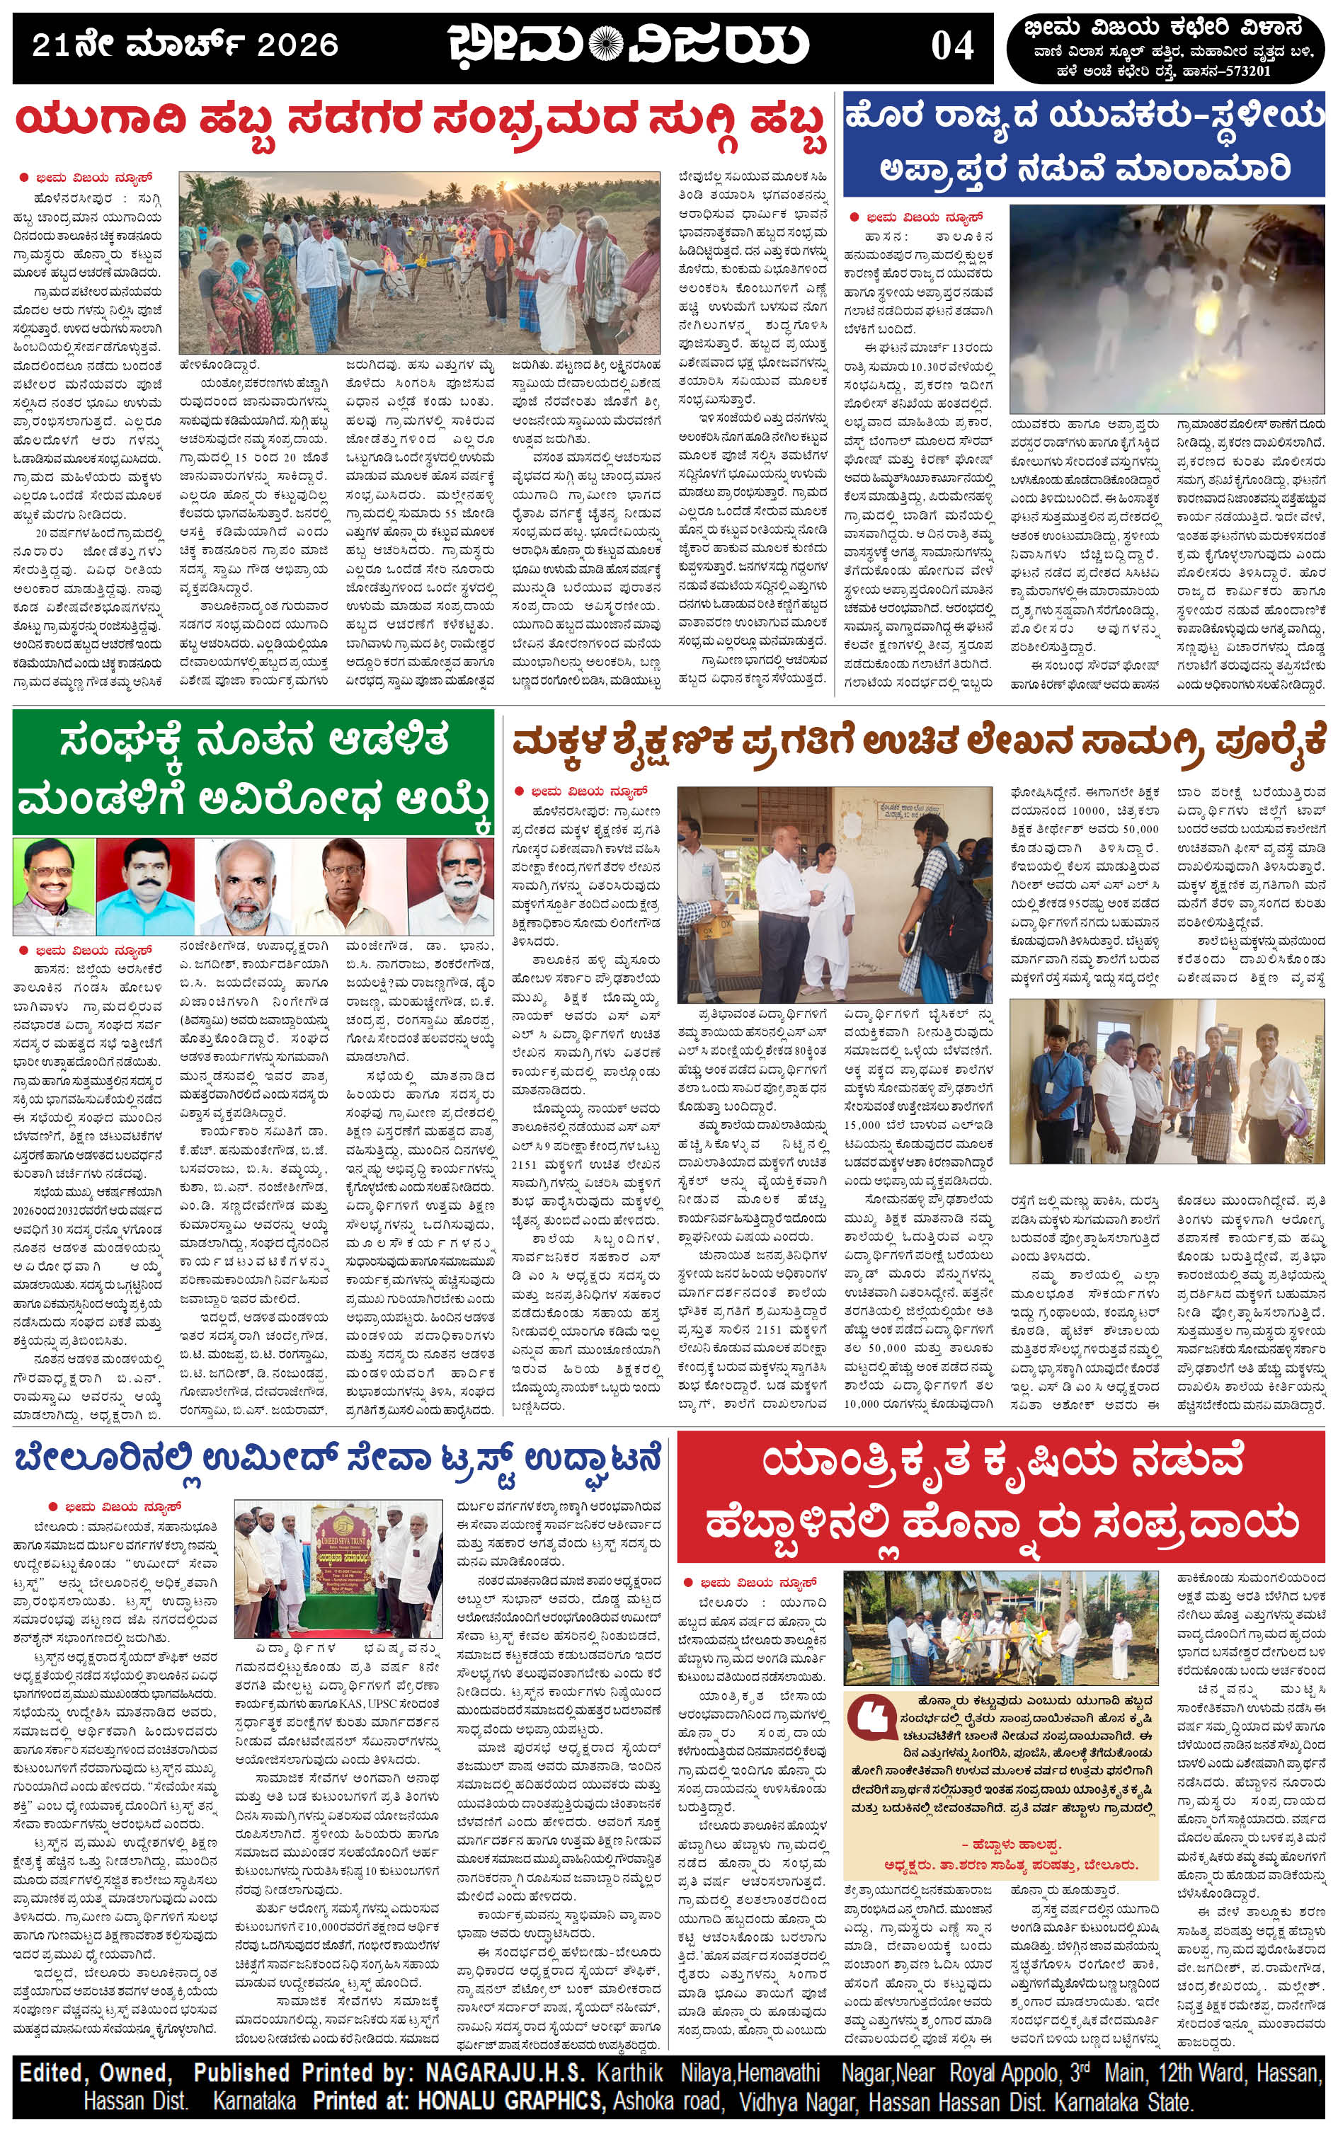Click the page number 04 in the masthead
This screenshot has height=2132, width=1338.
(952, 45)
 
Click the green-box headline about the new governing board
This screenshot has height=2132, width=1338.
(253, 772)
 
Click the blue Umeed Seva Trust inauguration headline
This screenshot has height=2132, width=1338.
(336, 1457)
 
